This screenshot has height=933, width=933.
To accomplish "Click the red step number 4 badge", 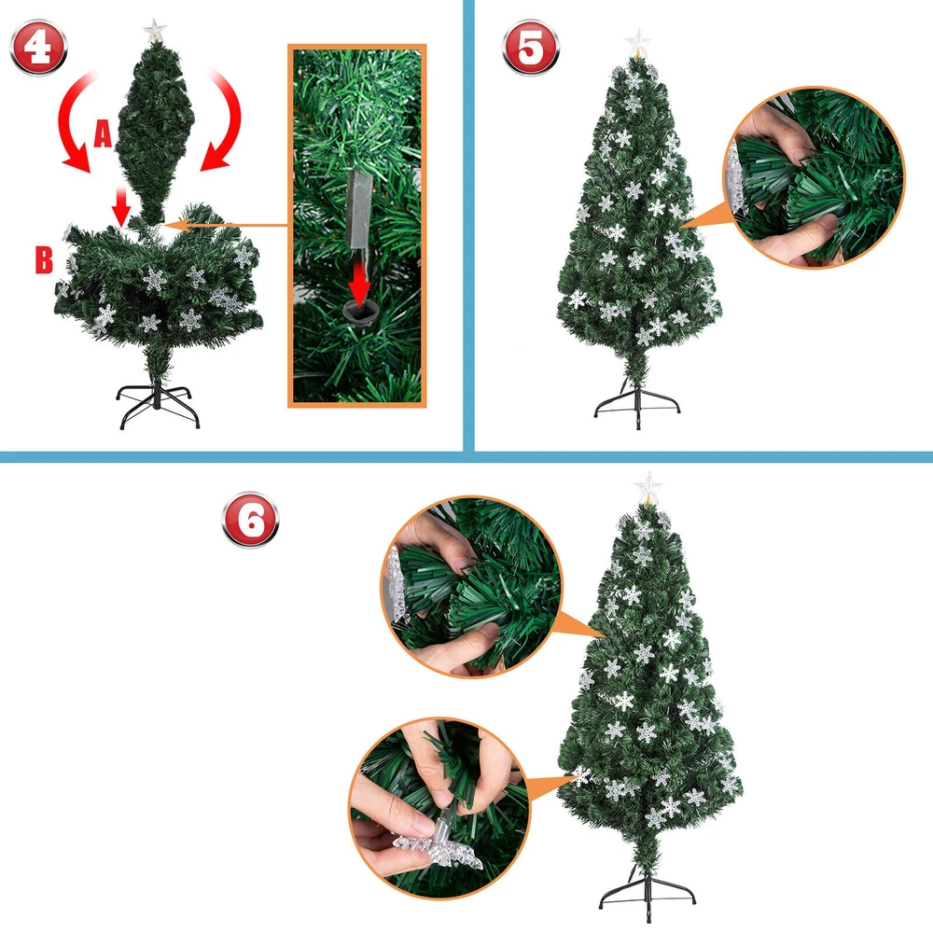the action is pyautogui.click(x=38, y=48).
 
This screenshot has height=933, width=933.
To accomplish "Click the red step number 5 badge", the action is pyautogui.click(x=531, y=48).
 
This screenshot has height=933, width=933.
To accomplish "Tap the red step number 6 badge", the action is pyautogui.click(x=250, y=520).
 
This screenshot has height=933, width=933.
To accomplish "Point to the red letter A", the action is pyautogui.click(x=103, y=132).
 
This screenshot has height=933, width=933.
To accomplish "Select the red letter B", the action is pyautogui.click(x=44, y=259).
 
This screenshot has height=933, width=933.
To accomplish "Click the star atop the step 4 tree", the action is pyautogui.click(x=155, y=31).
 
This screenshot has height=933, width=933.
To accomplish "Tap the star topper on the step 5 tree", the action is pyautogui.click(x=638, y=44).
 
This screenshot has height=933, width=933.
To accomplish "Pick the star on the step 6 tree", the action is pyautogui.click(x=648, y=488).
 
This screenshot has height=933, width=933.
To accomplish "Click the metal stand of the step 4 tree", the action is pyautogui.click(x=157, y=406).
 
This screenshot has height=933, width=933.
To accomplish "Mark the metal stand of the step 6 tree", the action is pyautogui.click(x=647, y=899).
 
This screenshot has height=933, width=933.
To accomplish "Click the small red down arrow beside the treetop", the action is pyautogui.click(x=122, y=205).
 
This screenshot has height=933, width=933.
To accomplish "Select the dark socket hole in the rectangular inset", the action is pyautogui.click(x=360, y=311).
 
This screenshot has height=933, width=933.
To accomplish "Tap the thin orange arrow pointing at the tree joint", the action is pyautogui.click(x=225, y=226).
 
